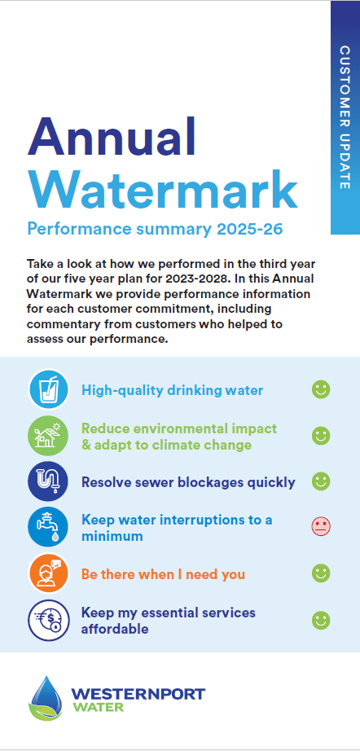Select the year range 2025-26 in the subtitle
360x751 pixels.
[x=249, y=229]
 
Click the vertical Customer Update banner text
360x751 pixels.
[x=345, y=117]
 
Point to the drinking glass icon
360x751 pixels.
[x=48, y=389]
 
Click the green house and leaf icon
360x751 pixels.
[x=48, y=436]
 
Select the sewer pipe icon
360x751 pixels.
[x=48, y=481]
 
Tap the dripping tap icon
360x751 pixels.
[x=48, y=527]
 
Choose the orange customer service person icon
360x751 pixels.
[x=48, y=573]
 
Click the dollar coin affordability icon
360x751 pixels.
[x=48, y=620]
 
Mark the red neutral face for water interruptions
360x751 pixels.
[x=321, y=527]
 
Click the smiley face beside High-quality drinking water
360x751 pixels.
[x=321, y=389]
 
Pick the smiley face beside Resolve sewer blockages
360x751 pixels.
[x=321, y=481]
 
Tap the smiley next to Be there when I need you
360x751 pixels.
[x=321, y=573]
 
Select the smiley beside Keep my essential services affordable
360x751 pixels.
[x=321, y=621]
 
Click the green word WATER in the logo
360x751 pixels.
[x=98, y=707]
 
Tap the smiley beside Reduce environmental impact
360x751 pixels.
[x=321, y=436]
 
